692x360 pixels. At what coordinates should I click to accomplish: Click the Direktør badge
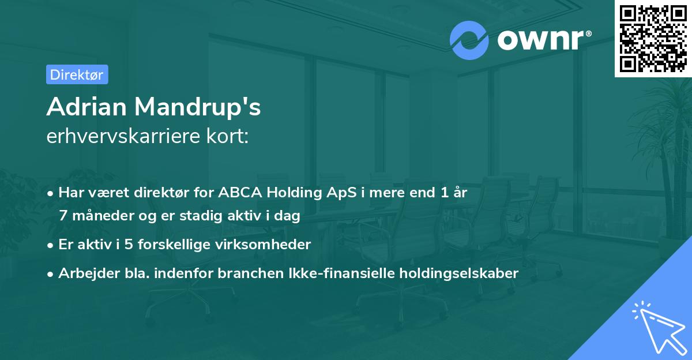pyautogui.click(x=77, y=74)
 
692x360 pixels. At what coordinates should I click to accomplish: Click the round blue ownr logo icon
pyautogui.click(x=469, y=40)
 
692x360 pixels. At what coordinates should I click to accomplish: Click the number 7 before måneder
pyautogui.click(x=62, y=216)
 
